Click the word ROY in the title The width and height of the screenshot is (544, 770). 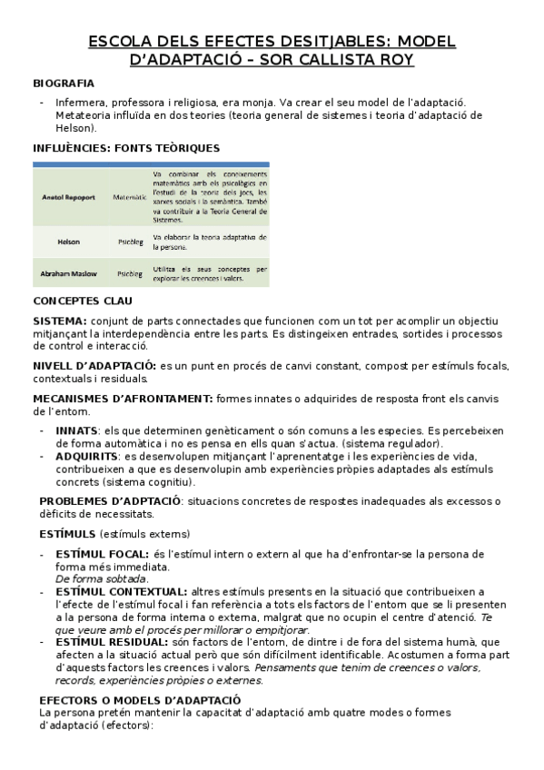pos(394,60)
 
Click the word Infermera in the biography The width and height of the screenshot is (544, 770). pos(82,103)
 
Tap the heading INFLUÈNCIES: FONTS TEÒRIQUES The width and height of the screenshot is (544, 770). pos(126,148)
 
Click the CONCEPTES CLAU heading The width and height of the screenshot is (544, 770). pos(83,301)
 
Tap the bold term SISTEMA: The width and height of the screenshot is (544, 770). pos(60,321)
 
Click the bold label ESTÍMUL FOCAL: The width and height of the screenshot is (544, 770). pos(102,554)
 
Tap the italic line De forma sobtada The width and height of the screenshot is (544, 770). pos(102,578)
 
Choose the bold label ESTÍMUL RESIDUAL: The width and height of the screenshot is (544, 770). pos(112,641)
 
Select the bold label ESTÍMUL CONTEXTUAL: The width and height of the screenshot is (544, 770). pos(122,591)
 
